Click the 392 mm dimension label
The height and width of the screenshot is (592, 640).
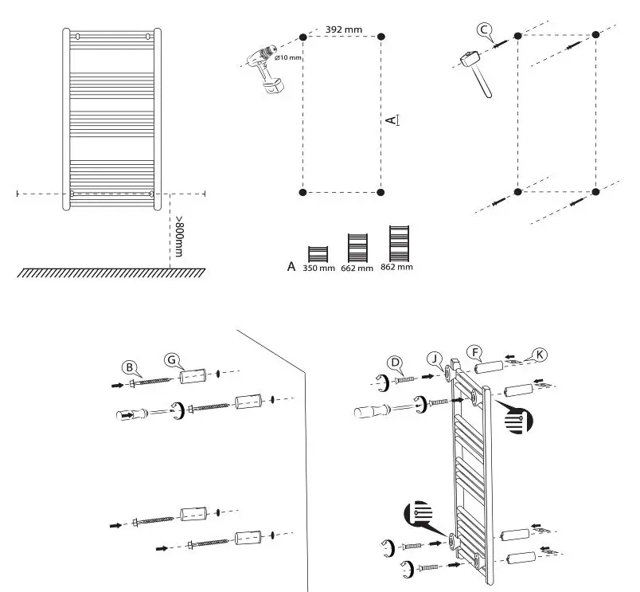click(x=344, y=29)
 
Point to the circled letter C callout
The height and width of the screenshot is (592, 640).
click(x=484, y=29)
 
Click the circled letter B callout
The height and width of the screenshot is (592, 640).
click(x=128, y=367)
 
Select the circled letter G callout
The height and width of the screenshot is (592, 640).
click(x=170, y=359)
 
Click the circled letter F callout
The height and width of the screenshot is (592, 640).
click(x=475, y=350)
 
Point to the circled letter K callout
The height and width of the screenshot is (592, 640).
click(x=540, y=353)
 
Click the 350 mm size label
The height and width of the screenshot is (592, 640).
click(x=318, y=269)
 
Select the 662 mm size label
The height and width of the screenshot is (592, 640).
click(x=357, y=269)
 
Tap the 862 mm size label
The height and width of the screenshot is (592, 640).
click(x=396, y=266)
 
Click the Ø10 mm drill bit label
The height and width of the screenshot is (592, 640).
click(x=288, y=58)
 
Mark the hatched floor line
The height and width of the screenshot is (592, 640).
click(x=111, y=272)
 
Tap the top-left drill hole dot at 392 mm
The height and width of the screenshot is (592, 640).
click(x=302, y=37)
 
